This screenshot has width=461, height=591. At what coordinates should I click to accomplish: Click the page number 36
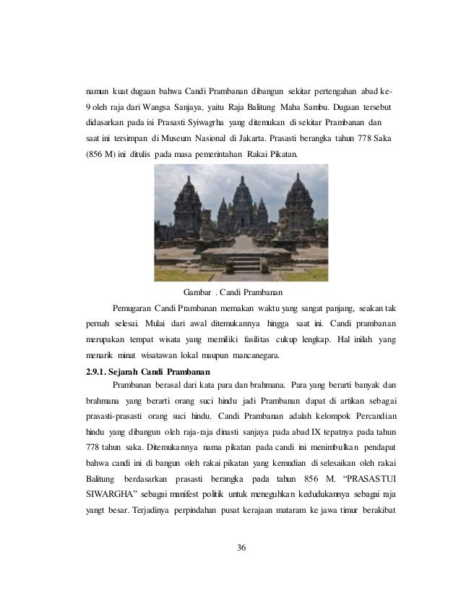(x=241, y=546)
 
